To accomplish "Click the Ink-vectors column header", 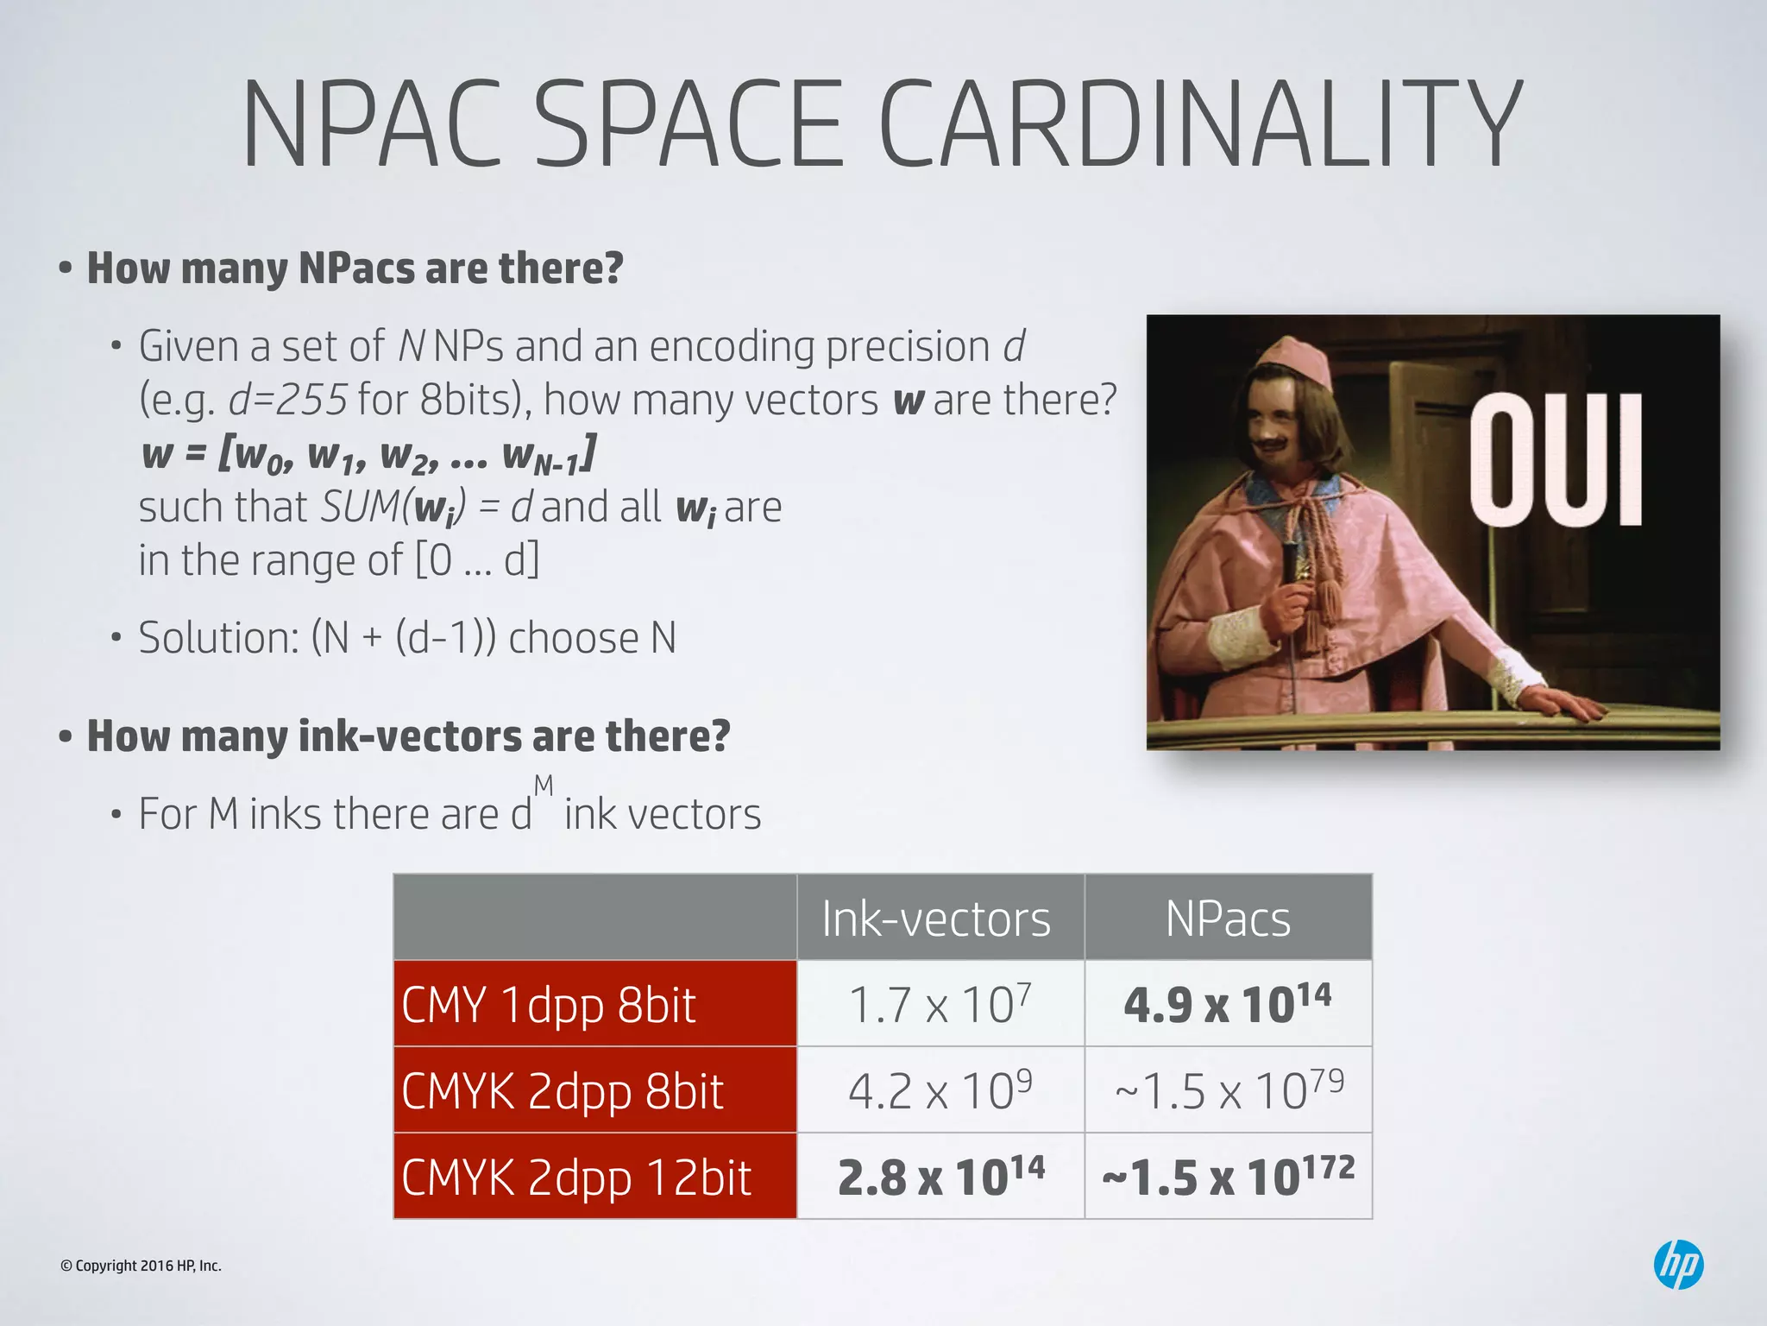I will pos(936,919).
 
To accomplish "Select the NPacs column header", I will pos(1228,919).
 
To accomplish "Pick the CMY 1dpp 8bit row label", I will pos(549,1005).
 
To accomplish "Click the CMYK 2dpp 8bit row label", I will pos(563,1091).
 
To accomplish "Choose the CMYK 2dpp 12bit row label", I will pos(576,1178).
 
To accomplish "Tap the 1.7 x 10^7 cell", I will pos(940,1004).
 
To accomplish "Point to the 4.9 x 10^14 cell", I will pos(1228,1004).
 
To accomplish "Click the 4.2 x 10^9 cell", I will pos(940,1090).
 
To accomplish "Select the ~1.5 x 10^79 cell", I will pos(1229,1090).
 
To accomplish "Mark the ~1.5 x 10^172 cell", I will pos(1229,1177).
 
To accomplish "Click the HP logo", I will pos(1678,1265).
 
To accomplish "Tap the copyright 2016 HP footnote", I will pos(141,1266).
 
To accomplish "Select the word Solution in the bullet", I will pos(218,638).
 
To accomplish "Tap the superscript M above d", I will pos(544,786).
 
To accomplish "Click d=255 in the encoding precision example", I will pos(287,400).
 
